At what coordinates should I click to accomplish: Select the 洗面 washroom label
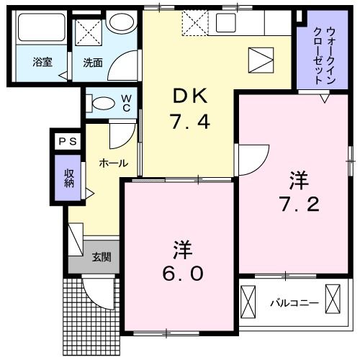pyautogui.click(x=91, y=63)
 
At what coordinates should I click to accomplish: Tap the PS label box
pyautogui.click(x=66, y=141)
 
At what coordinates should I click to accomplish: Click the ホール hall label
pyautogui.click(x=113, y=164)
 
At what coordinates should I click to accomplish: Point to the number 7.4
pyautogui.click(x=189, y=122)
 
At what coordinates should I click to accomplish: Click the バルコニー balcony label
pyautogui.click(x=294, y=302)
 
